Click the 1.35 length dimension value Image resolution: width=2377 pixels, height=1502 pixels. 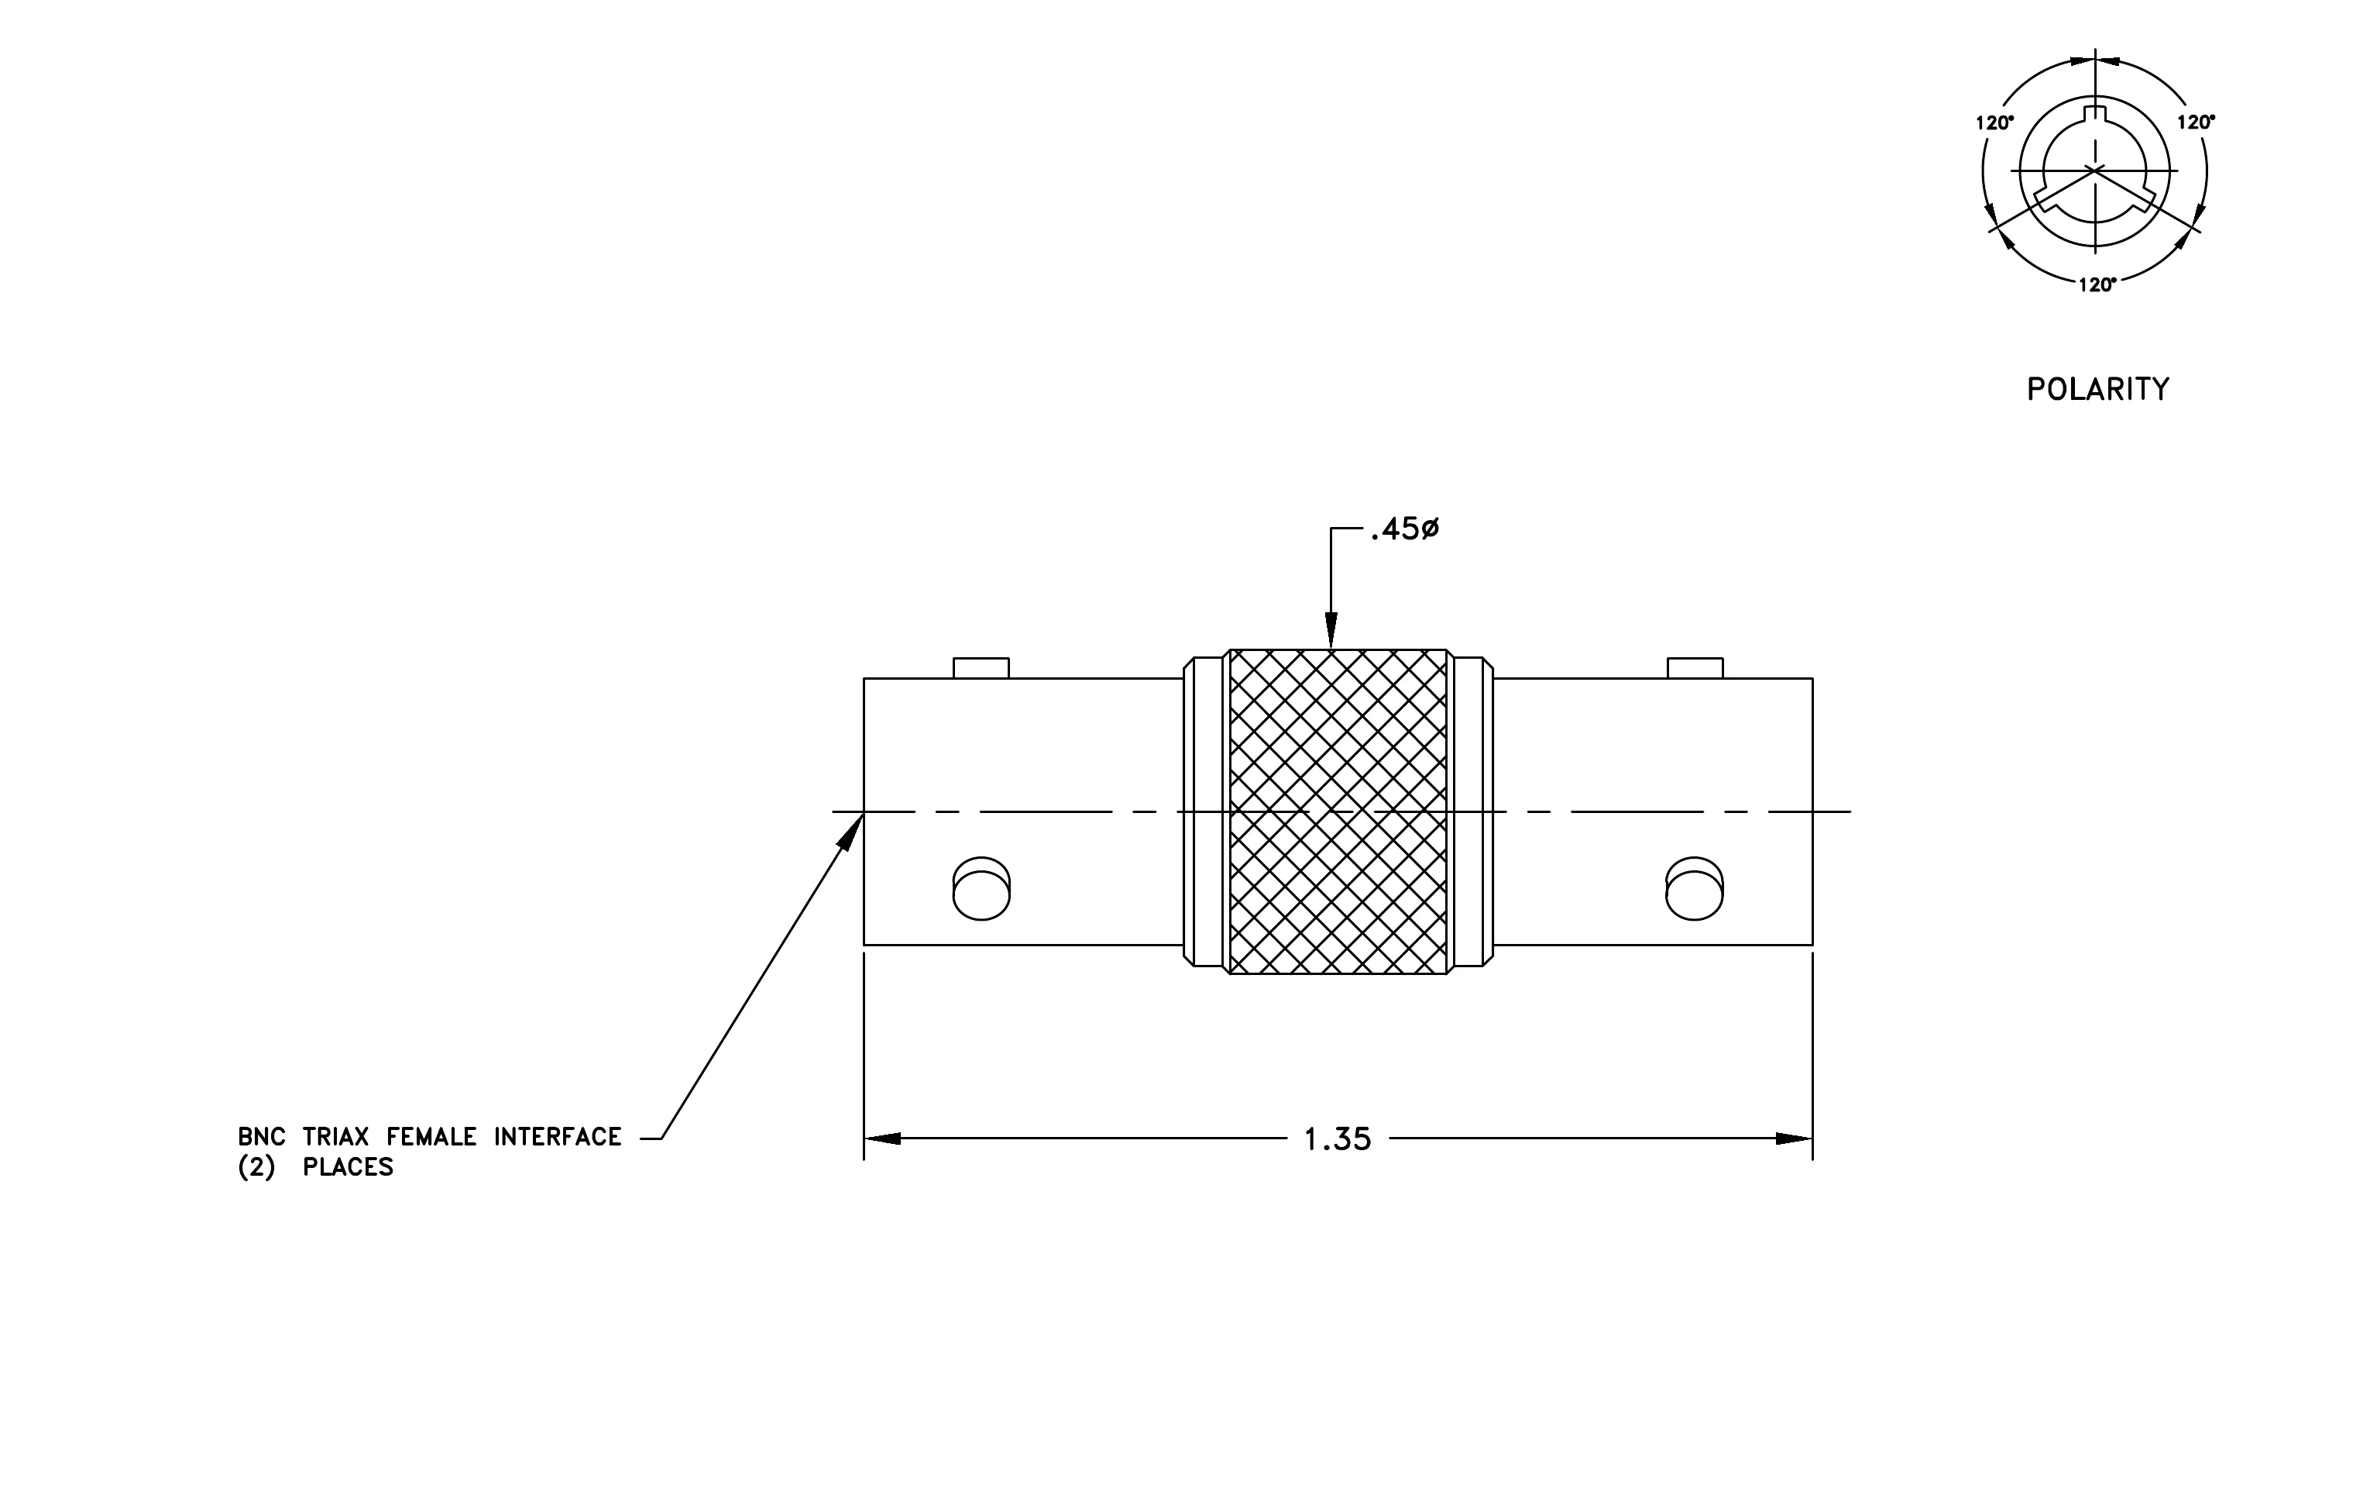(x=1338, y=1139)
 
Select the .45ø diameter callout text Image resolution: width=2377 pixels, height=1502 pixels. (x=1405, y=530)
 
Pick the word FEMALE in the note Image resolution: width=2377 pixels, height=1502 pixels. (x=431, y=1137)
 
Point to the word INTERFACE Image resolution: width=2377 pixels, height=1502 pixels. (x=558, y=1137)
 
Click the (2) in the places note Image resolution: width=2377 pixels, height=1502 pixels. (x=256, y=1167)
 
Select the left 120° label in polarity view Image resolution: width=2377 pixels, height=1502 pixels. (x=1994, y=123)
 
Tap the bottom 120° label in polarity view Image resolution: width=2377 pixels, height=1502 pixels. (x=2097, y=285)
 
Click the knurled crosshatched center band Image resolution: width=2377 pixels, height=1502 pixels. (x=1338, y=811)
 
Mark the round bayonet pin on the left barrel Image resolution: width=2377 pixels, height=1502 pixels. (x=981, y=889)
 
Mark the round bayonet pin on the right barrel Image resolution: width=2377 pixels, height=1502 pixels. (x=1695, y=889)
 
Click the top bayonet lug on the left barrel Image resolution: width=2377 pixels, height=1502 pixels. (x=981, y=669)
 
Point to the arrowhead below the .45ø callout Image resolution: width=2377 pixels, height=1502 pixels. (x=1331, y=630)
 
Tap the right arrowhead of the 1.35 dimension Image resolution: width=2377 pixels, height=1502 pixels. (x=1795, y=1139)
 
